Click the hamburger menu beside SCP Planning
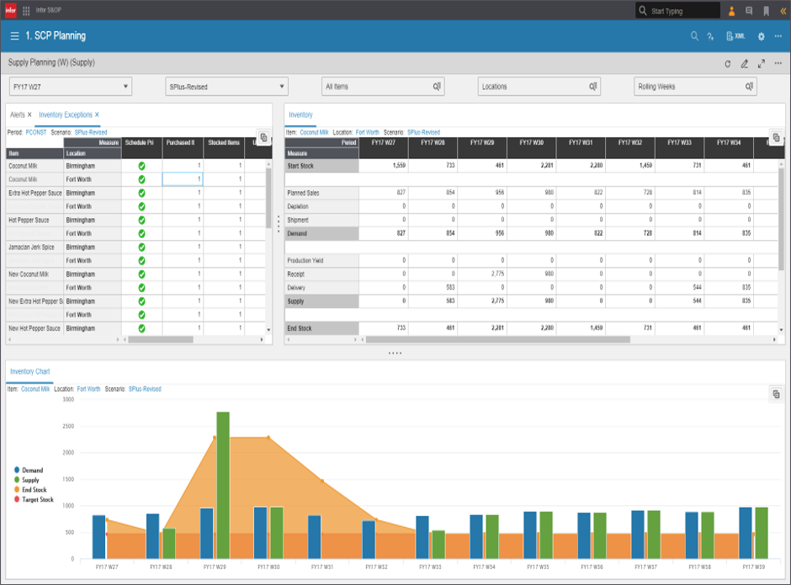click(14, 36)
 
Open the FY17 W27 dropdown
click(71, 87)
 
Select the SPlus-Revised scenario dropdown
click(226, 87)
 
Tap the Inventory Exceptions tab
click(66, 114)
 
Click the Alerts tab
click(18, 114)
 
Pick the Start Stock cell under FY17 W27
click(384, 167)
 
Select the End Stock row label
click(301, 327)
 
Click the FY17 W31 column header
click(581, 142)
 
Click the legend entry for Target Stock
click(36, 500)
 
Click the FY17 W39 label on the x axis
click(753, 568)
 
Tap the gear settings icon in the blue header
click(762, 36)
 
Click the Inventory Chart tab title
click(29, 371)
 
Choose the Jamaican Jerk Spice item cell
click(32, 247)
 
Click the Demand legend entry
click(32, 471)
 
